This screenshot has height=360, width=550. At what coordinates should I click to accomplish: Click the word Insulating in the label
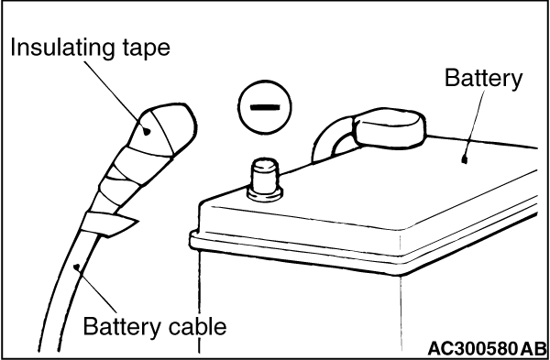coord(62,48)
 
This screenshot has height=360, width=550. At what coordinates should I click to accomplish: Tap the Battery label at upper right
coord(484,78)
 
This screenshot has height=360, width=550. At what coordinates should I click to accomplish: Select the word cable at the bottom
coord(197,327)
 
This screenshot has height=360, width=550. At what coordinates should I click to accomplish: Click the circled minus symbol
coord(265,107)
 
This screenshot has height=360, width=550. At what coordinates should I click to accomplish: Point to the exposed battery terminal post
coord(265,180)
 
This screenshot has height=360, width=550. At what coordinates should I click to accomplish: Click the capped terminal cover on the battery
coord(390,128)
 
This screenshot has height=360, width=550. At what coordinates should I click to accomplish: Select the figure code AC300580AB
coord(487,348)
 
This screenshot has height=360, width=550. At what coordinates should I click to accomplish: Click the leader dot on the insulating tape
coord(148,132)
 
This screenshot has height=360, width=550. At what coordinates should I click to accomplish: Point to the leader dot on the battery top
coord(465,159)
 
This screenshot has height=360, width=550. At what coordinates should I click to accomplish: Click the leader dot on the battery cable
coord(77,267)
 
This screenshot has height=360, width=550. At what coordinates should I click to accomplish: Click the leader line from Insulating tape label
coord(115,95)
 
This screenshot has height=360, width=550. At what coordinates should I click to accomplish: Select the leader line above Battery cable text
coord(96,290)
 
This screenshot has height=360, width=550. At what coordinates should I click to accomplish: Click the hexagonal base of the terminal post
coord(265,194)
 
